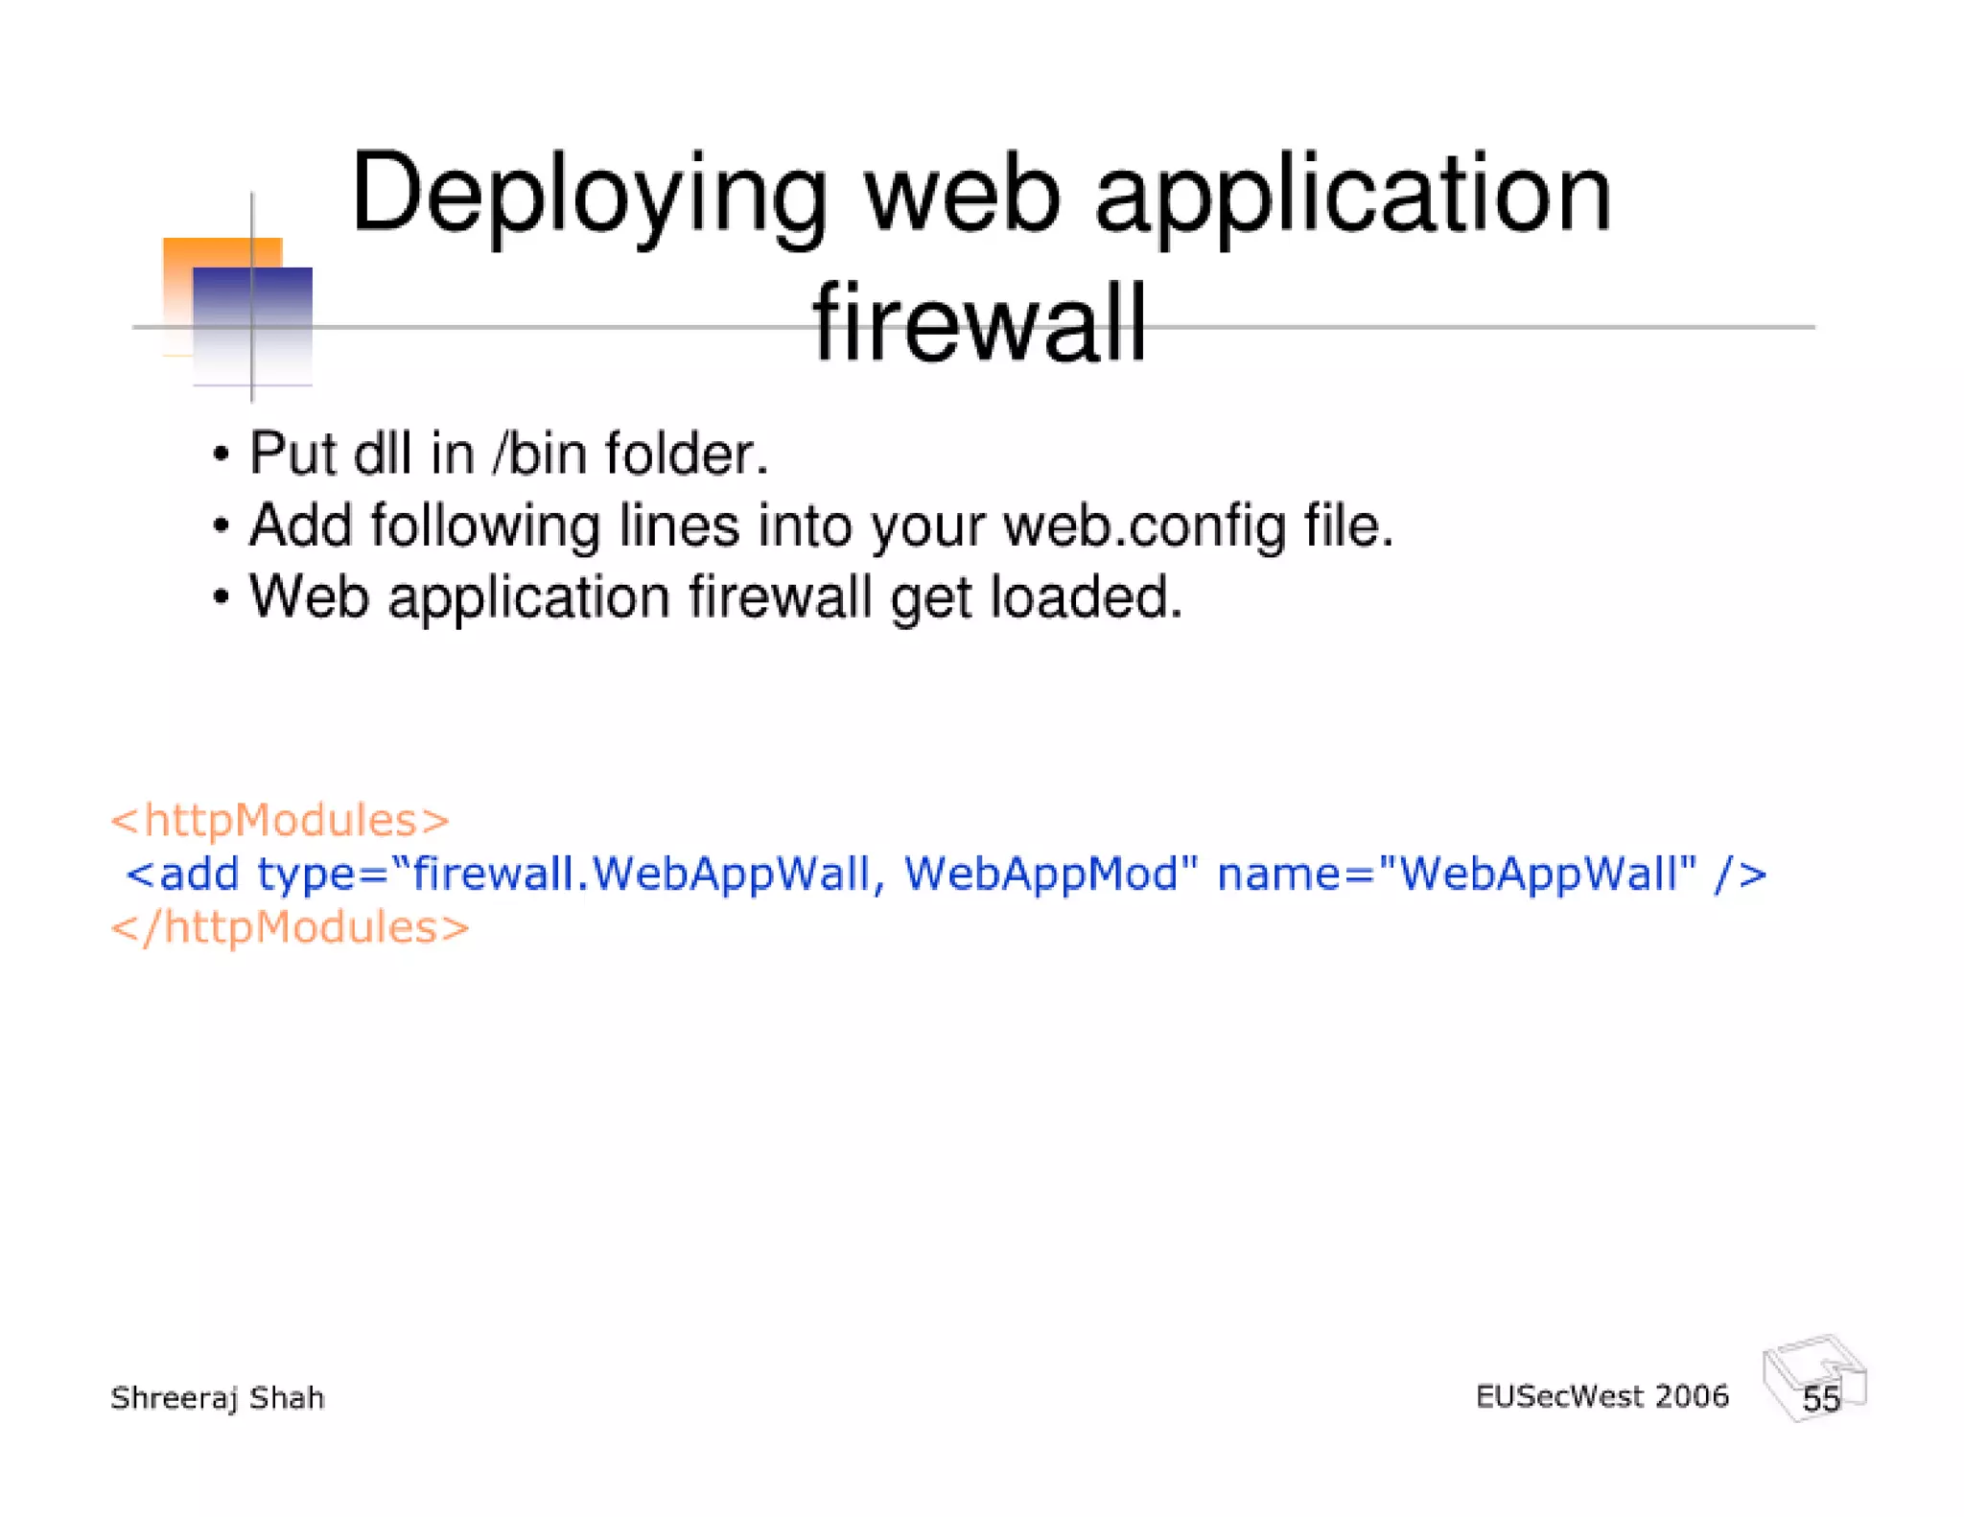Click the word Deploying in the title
tap(588, 197)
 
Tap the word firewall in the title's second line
tap(979, 323)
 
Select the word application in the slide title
tap(1353, 197)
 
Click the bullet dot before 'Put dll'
tap(222, 454)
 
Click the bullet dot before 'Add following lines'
tap(222, 525)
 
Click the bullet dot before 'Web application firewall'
tap(222, 597)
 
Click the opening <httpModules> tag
tap(279, 820)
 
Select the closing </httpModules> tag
tap(290, 927)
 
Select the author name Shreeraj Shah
tap(218, 1397)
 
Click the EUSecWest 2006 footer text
tap(1602, 1396)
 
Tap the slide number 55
tap(1820, 1398)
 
